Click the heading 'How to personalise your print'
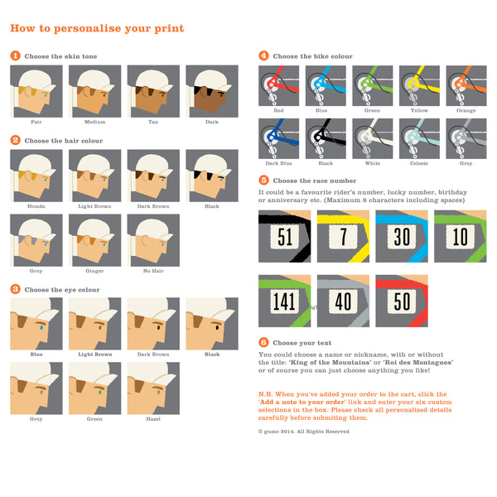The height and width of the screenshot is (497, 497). coord(97,29)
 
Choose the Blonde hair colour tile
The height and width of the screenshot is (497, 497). coord(36,175)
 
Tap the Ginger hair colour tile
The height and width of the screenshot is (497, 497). coord(94,240)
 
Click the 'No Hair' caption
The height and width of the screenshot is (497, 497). coord(153,271)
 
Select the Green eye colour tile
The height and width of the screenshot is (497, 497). coord(94,387)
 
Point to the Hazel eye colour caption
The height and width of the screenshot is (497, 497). coord(153,418)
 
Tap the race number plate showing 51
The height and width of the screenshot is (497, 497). coord(285,236)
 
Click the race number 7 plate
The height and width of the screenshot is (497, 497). coord(343,236)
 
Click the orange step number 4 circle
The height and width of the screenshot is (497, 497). coord(263,56)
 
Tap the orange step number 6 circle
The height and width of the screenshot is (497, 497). coord(263,342)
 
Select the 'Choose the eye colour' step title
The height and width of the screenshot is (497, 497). coord(60,289)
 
